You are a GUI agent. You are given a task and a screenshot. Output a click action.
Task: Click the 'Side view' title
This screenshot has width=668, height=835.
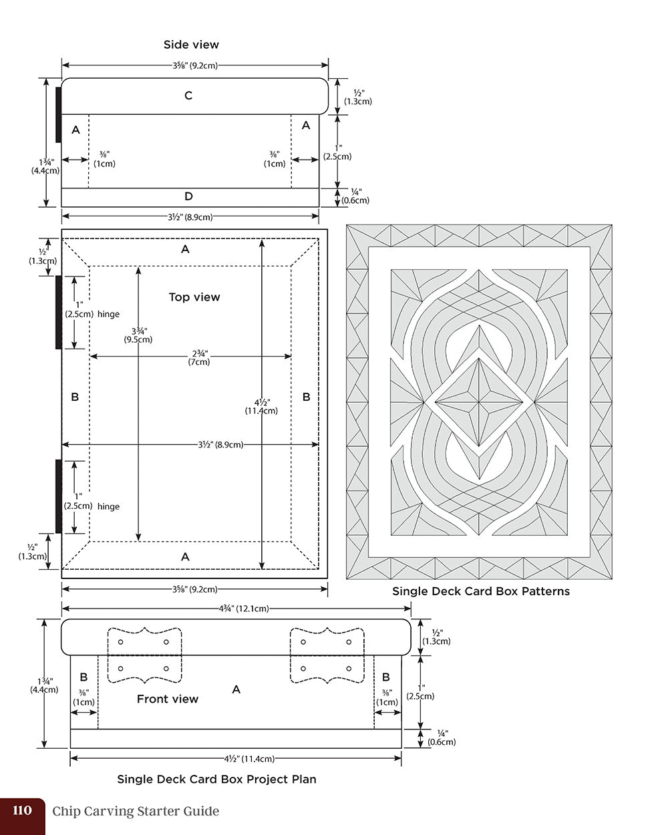point(191,45)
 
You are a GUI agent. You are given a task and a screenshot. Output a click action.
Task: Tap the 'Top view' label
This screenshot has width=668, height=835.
point(194,297)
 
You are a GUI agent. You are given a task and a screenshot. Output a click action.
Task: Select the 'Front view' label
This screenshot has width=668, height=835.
point(167,699)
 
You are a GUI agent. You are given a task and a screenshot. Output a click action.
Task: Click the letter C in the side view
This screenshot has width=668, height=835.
point(188,96)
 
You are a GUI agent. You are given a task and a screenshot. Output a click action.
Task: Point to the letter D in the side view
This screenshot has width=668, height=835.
point(188,196)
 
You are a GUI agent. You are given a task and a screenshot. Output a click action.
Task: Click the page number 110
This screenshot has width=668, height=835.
point(22,811)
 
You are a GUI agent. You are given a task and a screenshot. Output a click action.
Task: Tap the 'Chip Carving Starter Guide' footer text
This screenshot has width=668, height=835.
point(136,812)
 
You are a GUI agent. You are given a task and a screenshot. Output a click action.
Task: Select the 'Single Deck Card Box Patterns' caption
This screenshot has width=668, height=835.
point(480,591)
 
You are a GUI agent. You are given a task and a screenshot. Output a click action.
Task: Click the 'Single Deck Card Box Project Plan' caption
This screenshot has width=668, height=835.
point(216,779)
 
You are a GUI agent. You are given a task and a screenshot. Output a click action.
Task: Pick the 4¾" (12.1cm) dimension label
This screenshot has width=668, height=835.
point(244,609)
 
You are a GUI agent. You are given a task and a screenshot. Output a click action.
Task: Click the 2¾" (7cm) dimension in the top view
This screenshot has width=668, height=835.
point(198,357)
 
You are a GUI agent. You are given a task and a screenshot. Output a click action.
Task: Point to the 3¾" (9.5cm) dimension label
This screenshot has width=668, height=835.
point(138,335)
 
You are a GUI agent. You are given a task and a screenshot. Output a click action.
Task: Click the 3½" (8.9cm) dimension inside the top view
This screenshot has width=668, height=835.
point(220,444)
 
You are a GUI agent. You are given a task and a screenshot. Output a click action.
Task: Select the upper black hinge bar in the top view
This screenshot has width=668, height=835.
point(59,312)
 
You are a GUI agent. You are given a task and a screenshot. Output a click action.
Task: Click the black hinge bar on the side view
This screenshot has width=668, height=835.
point(59,114)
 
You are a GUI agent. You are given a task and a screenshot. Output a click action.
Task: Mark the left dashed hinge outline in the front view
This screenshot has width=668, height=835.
point(145,655)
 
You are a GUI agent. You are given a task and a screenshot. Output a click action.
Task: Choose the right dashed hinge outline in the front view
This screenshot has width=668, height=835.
point(327,655)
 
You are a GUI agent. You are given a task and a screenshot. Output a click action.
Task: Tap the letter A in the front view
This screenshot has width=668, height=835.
point(236,689)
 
